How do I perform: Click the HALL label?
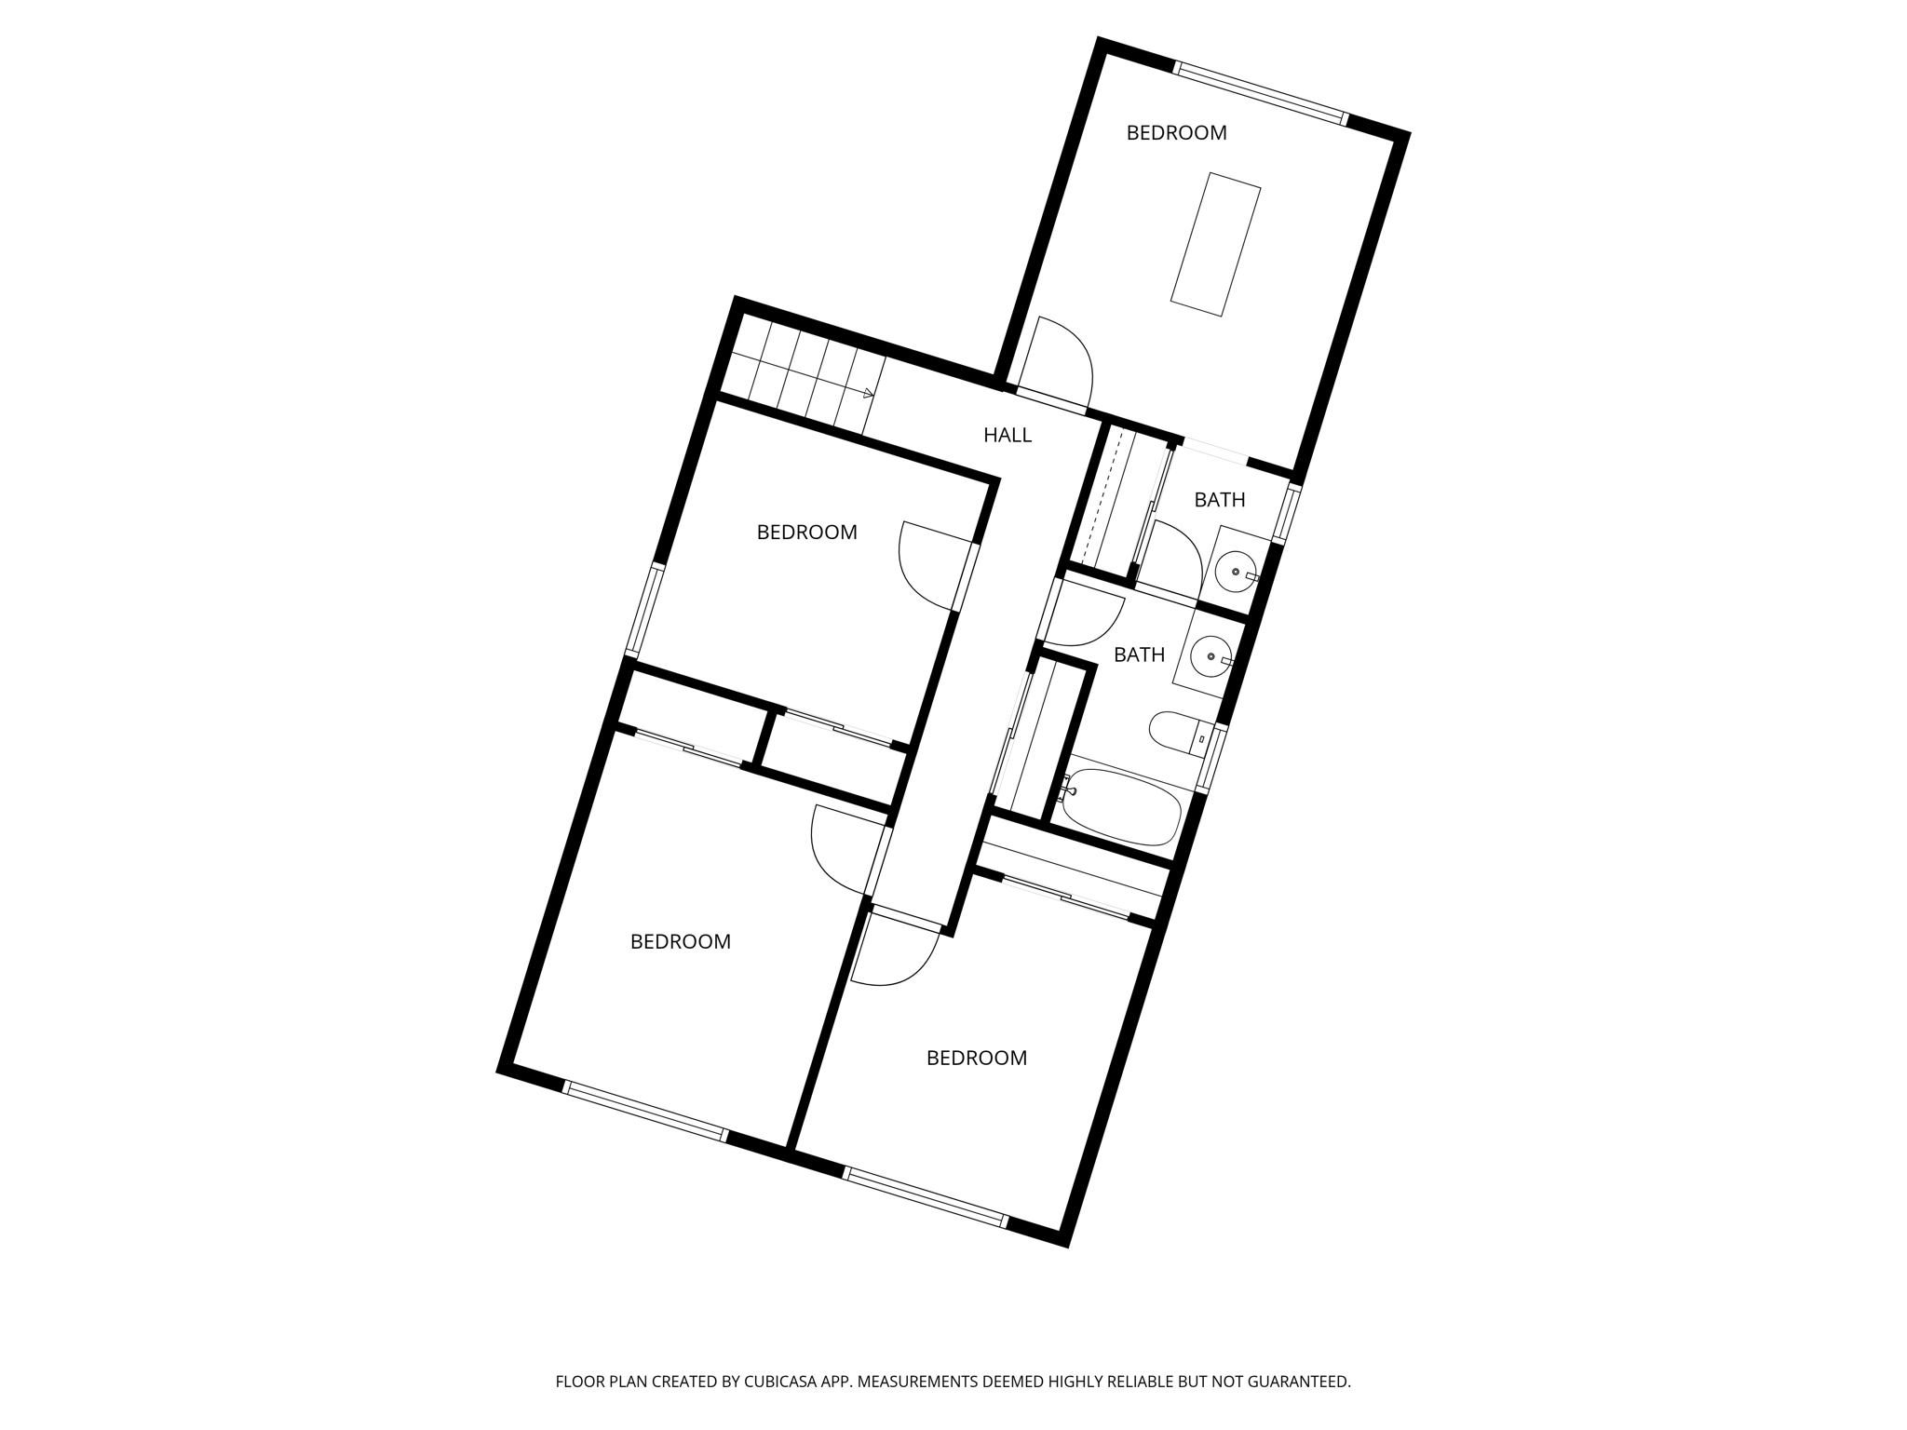[x=1008, y=435]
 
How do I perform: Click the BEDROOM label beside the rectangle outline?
[x=1176, y=133]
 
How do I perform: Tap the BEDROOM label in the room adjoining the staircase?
[x=806, y=533]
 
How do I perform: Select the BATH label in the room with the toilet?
[x=1139, y=655]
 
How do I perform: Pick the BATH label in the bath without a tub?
[x=1219, y=501]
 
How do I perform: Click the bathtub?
[x=1123, y=806]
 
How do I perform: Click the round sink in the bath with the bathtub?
[x=1210, y=656]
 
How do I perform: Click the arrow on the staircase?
[x=867, y=393]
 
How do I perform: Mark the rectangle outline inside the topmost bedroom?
[x=1215, y=244]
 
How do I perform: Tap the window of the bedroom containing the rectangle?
[x=1261, y=92]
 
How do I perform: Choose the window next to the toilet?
[x=1210, y=758]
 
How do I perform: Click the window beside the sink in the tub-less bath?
[x=1286, y=513]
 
